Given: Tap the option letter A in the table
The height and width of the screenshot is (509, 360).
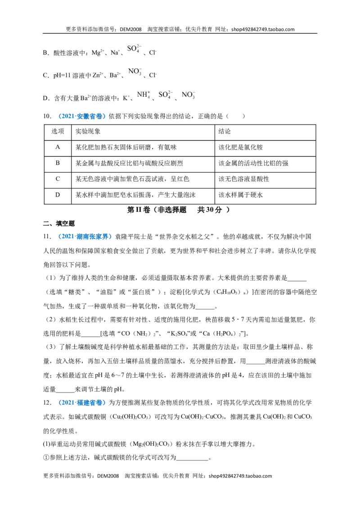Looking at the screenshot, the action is [58, 147].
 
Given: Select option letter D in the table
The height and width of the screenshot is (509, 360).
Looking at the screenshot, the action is [58, 195].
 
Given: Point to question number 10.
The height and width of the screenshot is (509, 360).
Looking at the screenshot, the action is [47, 116].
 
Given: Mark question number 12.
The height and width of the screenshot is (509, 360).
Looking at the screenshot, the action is [47, 403].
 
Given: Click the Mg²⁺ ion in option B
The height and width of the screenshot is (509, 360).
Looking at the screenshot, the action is [98, 52].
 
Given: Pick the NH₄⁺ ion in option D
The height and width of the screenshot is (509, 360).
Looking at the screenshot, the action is [143, 95].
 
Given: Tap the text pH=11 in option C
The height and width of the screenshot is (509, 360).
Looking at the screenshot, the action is [62, 75].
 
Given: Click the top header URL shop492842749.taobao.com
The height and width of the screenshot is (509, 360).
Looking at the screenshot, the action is [263, 29].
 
